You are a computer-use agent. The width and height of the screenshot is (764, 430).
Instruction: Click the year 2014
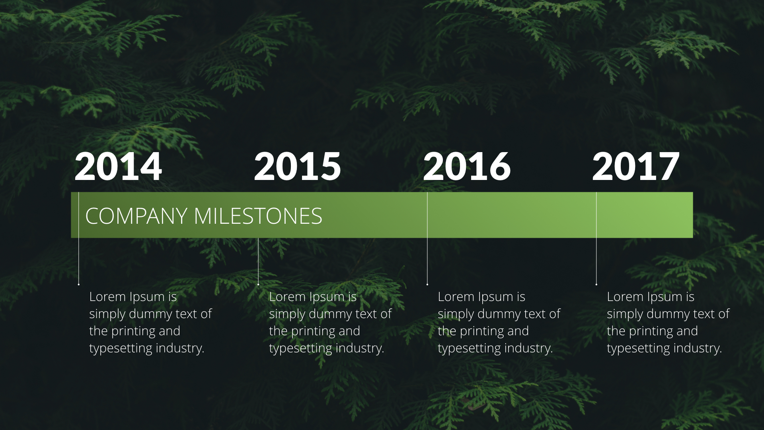point(118,166)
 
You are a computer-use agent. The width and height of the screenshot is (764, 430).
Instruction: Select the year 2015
point(297,166)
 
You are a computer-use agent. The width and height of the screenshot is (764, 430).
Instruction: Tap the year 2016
point(467,166)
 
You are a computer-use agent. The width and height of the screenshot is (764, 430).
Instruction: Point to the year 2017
point(635,166)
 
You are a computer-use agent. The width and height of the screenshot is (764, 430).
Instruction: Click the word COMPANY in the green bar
point(136,216)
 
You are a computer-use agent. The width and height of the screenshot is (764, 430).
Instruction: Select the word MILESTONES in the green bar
point(258,216)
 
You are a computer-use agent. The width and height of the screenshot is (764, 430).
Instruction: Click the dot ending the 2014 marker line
point(79,284)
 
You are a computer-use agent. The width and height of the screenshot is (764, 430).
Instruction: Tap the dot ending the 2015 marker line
point(258,284)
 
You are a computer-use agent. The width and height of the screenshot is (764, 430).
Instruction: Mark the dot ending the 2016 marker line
point(427,284)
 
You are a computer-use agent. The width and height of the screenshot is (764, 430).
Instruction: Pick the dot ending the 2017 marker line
point(596,284)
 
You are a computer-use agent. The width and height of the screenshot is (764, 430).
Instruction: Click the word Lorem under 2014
point(107,297)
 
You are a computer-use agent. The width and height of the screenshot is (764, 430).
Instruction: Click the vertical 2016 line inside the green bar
point(427,215)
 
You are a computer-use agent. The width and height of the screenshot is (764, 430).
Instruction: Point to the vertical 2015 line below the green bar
point(258,260)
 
